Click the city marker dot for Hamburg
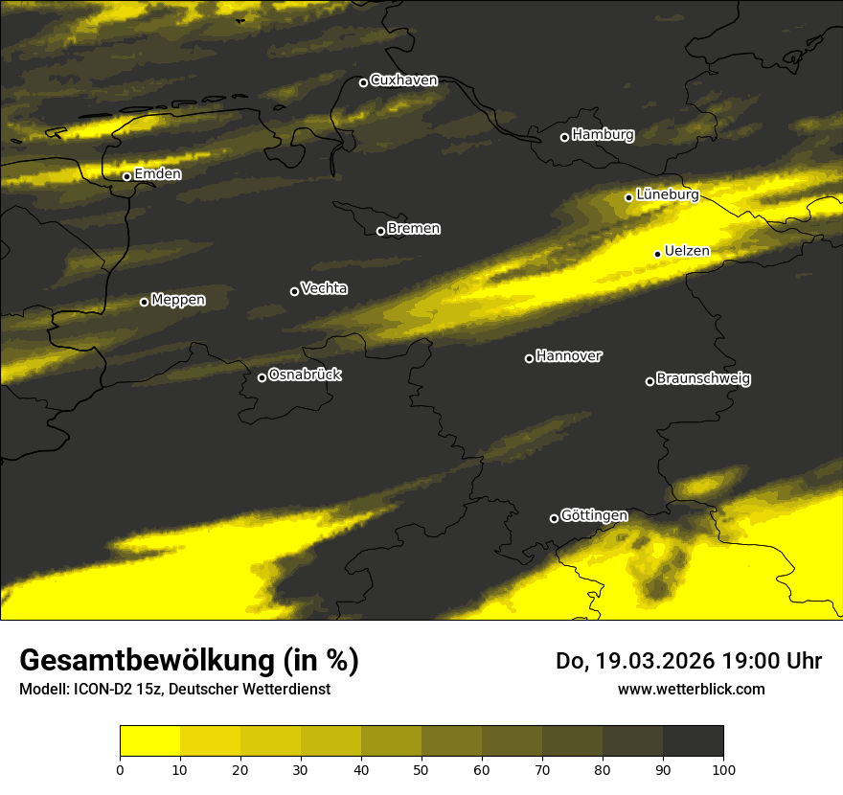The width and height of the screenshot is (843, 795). (564, 137)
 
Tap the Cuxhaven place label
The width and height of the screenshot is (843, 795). (403, 80)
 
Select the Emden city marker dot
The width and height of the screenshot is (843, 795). (126, 176)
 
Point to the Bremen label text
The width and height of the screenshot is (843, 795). (414, 229)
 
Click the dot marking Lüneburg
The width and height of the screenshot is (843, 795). (628, 197)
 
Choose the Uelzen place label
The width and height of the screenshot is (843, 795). (687, 252)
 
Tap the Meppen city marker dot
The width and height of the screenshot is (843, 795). (144, 302)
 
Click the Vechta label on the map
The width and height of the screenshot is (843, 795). (324, 288)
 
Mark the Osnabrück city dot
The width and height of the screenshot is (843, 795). (262, 377)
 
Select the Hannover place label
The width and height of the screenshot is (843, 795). (569, 356)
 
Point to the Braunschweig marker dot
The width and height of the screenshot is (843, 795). (649, 381)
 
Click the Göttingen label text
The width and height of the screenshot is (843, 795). (594, 516)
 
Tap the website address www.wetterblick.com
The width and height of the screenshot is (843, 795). (692, 689)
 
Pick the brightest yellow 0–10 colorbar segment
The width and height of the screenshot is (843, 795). (149, 741)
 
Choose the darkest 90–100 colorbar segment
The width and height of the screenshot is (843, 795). (693, 741)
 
